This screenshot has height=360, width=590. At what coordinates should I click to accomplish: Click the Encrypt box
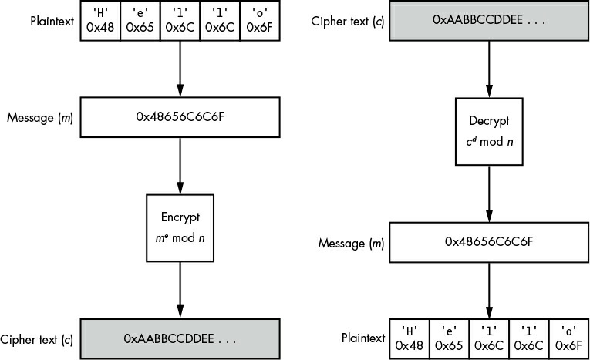click(180, 228)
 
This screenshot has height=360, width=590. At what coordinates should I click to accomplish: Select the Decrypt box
click(489, 132)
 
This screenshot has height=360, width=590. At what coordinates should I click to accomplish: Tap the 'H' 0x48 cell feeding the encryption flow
click(100, 20)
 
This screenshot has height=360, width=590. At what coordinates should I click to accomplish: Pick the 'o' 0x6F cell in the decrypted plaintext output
click(568, 339)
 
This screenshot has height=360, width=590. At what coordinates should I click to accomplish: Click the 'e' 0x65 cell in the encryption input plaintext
click(140, 20)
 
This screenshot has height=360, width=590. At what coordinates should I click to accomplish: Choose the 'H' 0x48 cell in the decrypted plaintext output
click(409, 339)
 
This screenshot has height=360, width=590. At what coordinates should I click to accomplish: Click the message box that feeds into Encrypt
click(180, 117)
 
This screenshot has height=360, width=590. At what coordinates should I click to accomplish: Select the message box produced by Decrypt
click(489, 242)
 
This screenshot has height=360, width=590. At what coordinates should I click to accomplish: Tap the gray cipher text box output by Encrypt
click(180, 339)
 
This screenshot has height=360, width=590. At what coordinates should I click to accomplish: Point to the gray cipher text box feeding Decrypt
click(489, 20)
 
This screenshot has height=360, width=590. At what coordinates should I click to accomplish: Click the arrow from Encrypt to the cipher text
click(180, 290)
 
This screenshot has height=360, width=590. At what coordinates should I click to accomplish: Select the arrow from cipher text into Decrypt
click(489, 69)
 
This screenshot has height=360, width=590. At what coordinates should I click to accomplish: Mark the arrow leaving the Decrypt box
click(489, 193)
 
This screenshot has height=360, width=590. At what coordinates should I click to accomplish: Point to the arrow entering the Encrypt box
click(180, 166)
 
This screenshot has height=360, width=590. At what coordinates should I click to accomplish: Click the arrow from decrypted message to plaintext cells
click(489, 291)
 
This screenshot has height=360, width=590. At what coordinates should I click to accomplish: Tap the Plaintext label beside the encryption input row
click(52, 21)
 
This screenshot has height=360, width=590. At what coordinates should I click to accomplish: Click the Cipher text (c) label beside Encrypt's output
click(36, 340)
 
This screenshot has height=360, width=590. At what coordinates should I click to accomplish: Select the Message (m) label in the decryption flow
click(351, 244)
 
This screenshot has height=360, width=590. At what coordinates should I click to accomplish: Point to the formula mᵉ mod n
click(180, 238)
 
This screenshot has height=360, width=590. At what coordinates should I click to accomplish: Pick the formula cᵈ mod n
click(489, 142)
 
